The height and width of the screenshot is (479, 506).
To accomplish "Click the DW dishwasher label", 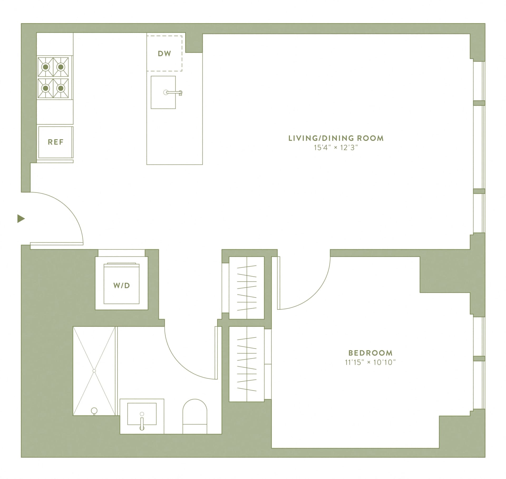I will [164, 54].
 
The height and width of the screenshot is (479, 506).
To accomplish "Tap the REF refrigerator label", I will [56, 142].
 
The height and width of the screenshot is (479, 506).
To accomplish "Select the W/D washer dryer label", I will [121, 285].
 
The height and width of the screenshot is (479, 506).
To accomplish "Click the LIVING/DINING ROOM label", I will [336, 138].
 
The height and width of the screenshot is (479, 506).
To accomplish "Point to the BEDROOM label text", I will [370, 353].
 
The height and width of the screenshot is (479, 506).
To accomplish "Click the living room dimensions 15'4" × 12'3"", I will [336, 148].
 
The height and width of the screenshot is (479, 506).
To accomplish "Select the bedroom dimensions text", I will [370, 363].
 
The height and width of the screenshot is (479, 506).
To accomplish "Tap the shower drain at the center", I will [94, 371].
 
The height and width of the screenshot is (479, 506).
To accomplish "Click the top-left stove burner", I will [46, 67].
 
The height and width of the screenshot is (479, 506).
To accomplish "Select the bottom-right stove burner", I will [61, 88].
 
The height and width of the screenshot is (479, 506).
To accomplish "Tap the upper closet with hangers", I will [247, 288].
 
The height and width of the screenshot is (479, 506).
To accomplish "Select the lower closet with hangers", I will [247, 364].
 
